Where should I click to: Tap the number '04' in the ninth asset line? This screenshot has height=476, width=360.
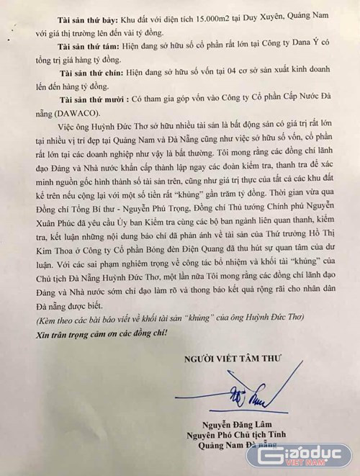[217, 76]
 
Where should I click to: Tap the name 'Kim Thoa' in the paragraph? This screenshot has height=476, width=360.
[51, 259]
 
